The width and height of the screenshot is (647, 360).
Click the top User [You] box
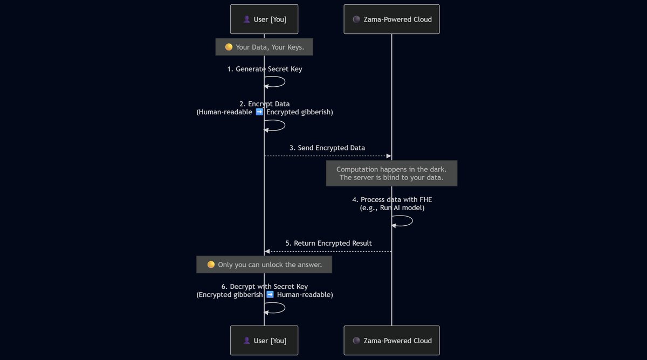pos(264,19)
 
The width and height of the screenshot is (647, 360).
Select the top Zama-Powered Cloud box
pos(391,19)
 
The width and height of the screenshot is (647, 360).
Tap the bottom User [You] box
pos(264,341)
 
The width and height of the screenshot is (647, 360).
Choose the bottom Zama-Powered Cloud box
pos(391,341)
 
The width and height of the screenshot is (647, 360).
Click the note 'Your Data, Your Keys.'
pos(264,47)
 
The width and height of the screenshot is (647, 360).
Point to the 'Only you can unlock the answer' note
pos(264,265)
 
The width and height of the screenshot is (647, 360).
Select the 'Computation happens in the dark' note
pos(391,173)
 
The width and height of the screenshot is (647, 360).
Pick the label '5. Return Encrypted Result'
pos(328,243)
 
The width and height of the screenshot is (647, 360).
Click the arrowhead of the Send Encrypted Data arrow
pos(388,156)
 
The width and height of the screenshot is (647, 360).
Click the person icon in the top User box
pos(246,19)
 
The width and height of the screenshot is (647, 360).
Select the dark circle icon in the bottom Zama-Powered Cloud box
pos(356,341)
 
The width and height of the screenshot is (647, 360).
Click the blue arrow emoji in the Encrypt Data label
pos(259,112)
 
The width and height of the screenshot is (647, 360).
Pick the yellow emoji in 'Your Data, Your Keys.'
pos(229,47)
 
